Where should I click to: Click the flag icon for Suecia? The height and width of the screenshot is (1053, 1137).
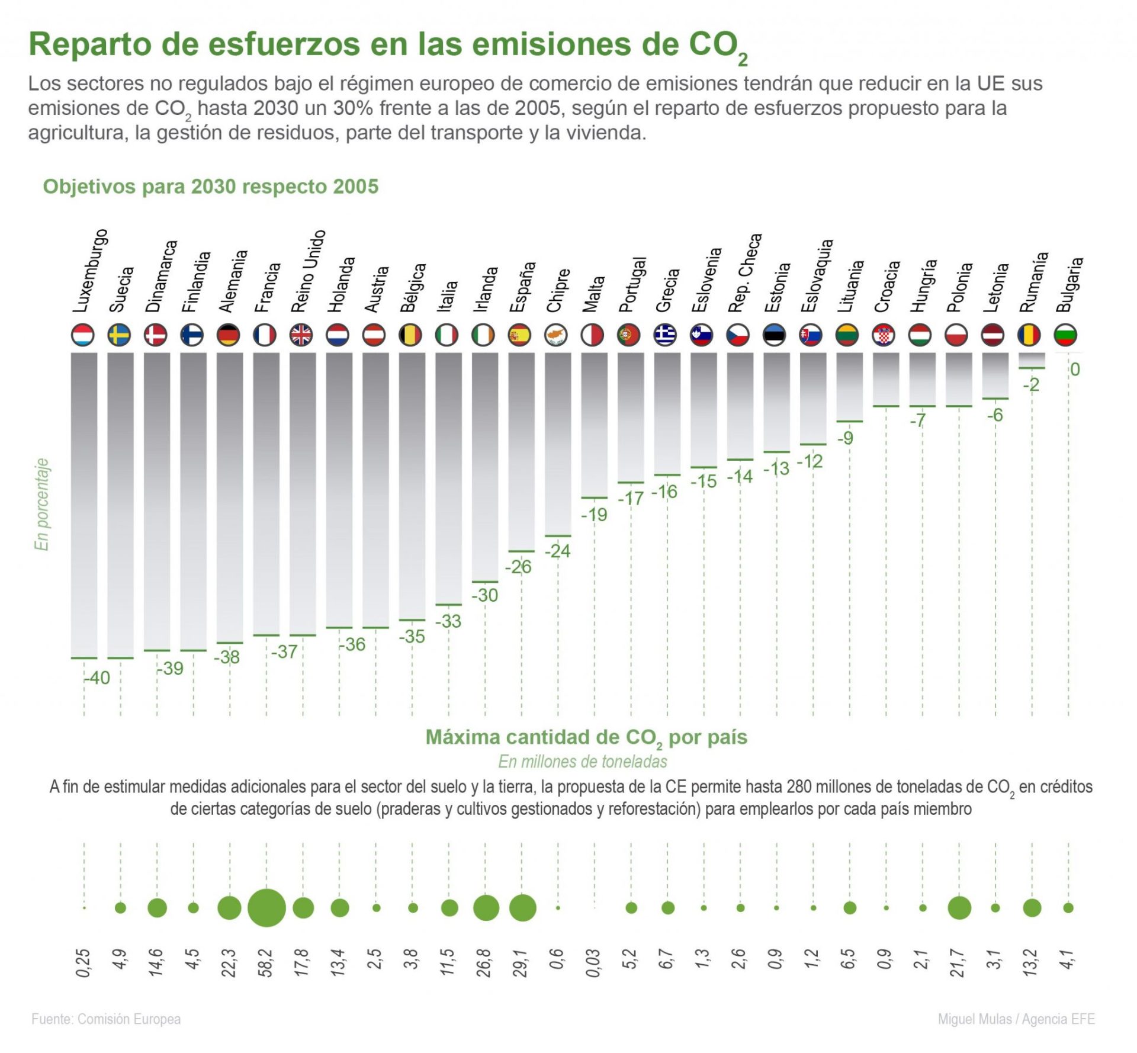pyautogui.click(x=119, y=335)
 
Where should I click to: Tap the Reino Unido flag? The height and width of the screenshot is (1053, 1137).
pyautogui.click(x=301, y=335)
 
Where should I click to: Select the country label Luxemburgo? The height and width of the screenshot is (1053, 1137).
pyautogui.click(x=90, y=271)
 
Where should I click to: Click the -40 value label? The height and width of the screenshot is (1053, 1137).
pyautogui.click(x=97, y=678)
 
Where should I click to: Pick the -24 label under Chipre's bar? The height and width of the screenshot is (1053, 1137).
pyautogui.click(x=557, y=551)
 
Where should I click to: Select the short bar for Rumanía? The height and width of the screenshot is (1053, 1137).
pyautogui.click(x=1032, y=360)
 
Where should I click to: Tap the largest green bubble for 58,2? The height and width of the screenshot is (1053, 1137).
pyautogui.click(x=266, y=908)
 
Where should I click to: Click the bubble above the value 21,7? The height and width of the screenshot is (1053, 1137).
pyautogui.click(x=959, y=908)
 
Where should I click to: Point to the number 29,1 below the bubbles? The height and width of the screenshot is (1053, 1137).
pyautogui.click(x=521, y=962)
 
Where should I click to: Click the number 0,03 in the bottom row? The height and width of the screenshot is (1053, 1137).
pyautogui.click(x=594, y=962)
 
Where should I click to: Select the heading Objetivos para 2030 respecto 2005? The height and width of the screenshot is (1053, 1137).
pyautogui.click(x=210, y=187)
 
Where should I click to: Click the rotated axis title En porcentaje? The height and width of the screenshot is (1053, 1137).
pyautogui.click(x=41, y=504)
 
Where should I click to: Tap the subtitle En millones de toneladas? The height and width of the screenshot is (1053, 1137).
pyautogui.click(x=583, y=762)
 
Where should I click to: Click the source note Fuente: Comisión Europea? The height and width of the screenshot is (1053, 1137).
pyautogui.click(x=106, y=1019)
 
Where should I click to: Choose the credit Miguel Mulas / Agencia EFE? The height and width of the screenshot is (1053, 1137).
pyautogui.click(x=1016, y=1019)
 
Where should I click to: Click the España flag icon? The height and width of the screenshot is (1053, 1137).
pyautogui.click(x=520, y=335)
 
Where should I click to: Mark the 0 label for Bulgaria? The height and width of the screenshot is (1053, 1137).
pyautogui.click(x=1075, y=370)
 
